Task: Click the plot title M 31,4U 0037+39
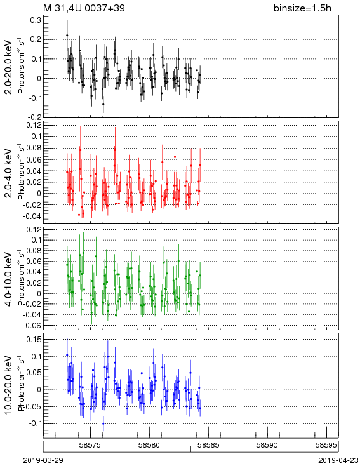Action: point(84,8)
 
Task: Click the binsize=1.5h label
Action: point(302,8)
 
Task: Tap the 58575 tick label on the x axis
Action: point(91,445)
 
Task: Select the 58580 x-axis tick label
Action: point(150,445)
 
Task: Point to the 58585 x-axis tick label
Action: point(209,445)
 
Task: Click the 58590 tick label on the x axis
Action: point(267,445)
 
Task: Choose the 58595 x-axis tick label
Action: point(326,445)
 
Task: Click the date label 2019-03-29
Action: point(43,460)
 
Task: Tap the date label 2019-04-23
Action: point(338,460)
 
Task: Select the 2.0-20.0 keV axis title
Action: point(9,67)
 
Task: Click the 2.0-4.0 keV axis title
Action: point(9,173)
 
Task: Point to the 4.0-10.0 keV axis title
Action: point(9,279)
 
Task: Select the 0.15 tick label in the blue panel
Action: point(34,339)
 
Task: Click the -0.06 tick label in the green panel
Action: point(34,326)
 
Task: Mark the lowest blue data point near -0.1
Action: point(103,423)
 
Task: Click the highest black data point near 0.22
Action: point(67,35)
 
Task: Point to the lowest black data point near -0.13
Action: point(103,104)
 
